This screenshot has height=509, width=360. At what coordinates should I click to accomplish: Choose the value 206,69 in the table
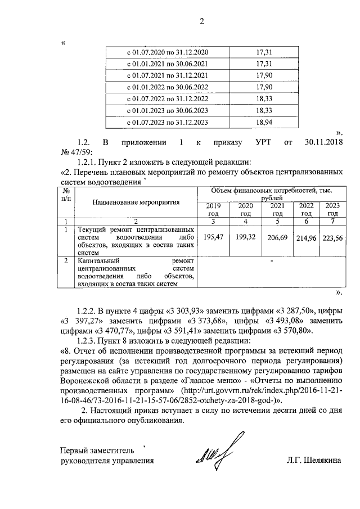point(277,238)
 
